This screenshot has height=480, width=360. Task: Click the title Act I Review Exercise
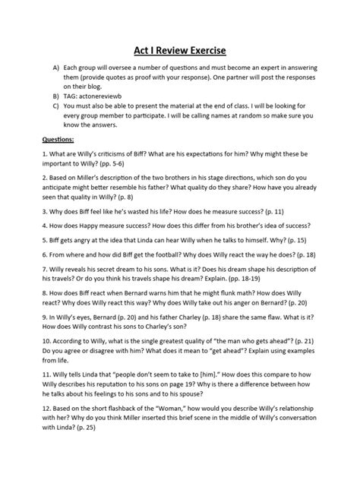pyautogui.click(x=180, y=51)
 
